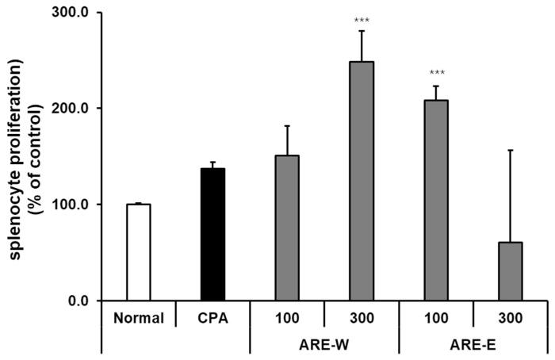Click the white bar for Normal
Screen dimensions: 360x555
pos(138,252)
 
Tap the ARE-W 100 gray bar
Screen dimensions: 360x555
pos(286,228)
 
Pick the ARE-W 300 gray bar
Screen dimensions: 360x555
pos(362,181)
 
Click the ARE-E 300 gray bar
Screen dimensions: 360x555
pos(510,271)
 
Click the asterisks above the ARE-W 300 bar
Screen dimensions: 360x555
pos(362,20)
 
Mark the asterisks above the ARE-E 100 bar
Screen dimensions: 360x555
pos(435,76)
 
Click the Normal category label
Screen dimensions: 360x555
pos(138,318)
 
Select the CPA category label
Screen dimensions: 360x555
pos(212,318)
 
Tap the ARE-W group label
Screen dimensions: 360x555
pos(323,347)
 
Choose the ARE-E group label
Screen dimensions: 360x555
pos(473,347)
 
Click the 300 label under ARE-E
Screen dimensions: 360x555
pos(510,318)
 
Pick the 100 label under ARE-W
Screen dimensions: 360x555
pos(286,318)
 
